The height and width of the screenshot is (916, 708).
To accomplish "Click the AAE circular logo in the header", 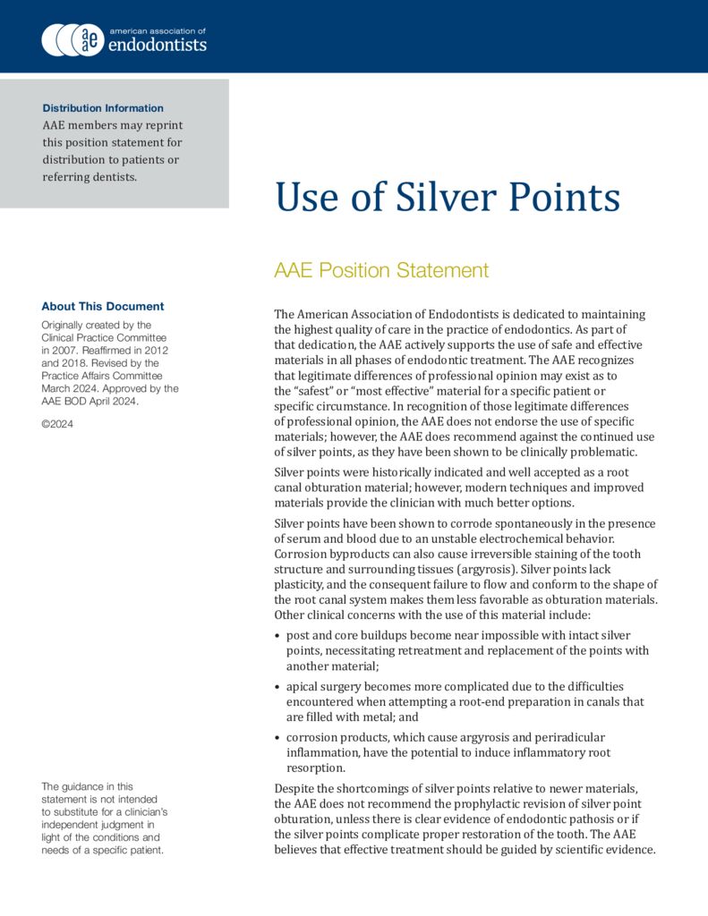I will tap(73, 39).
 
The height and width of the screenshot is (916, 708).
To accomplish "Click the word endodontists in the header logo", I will tap(158, 45).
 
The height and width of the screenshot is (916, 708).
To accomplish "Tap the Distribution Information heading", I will tap(103, 108).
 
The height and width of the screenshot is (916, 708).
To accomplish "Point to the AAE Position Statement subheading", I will tap(381, 271).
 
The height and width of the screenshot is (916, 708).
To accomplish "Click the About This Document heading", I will tap(103, 306).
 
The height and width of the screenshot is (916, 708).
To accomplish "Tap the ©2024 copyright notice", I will tap(57, 424).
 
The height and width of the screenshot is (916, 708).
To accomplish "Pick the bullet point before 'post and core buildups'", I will tap(277, 636).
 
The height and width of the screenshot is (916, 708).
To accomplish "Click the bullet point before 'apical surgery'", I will tap(277, 687).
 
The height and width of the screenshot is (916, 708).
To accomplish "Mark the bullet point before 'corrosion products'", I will tap(277, 738).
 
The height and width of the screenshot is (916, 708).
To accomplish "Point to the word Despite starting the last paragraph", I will tap(297, 788).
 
